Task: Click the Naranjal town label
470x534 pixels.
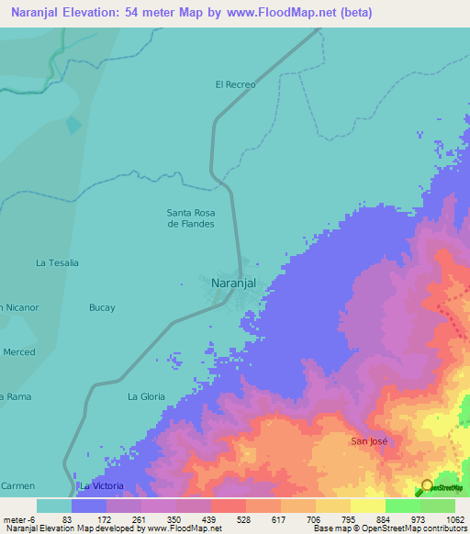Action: pos(232,284)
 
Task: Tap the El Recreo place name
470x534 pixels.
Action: pos(234,84)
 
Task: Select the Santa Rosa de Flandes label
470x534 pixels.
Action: pos(191,218)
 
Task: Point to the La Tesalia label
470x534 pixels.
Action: pos(57,262)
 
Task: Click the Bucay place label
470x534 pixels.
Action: pos(102,307)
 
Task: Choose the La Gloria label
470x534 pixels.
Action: pos(145,396)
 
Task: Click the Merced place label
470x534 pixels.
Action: pos(19,352)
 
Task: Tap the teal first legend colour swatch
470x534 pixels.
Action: pos(53,506)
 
